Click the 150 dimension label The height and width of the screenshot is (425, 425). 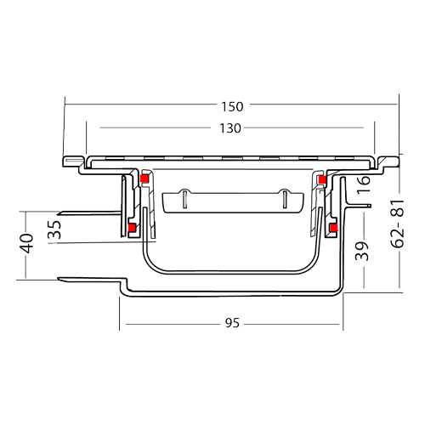point(232,107)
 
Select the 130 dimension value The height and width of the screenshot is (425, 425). point(230,128)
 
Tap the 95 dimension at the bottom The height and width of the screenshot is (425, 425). point(232,323)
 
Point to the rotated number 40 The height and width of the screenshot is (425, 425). point(26,243)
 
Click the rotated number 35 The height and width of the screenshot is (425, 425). point(54,229)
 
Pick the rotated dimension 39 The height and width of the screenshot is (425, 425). point(362,251)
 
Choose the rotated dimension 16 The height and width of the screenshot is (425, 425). point(364,184)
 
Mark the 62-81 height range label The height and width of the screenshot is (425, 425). point(397,224)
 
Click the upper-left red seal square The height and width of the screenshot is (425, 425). point(144,178)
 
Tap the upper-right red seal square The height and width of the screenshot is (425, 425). point(322,179)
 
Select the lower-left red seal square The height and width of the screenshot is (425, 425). point(132,228)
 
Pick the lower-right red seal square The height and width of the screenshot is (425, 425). point(334,228)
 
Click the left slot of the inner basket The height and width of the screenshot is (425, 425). point(184,200)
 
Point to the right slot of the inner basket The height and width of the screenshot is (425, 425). point(285,200)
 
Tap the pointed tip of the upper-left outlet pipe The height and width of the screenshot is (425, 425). point(59,213)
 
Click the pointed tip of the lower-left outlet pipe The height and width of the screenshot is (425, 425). point(59,279)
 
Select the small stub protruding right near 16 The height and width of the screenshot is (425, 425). point(360,206)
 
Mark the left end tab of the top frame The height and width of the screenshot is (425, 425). point(73,161)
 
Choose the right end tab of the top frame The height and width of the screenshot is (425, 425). point(388,161)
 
